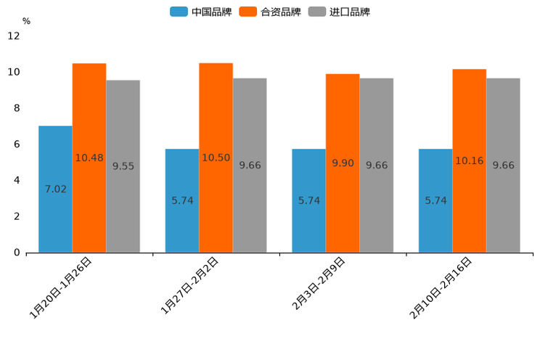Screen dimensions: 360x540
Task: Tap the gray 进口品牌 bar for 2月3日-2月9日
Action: [x=377, y=210]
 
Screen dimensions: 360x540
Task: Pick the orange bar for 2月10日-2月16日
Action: [x=469, y=210]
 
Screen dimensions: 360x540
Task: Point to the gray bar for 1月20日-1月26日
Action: [x=123, y=210]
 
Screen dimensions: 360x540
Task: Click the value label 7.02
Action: [x=56, y=189]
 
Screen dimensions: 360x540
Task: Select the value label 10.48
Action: [x=89, y=157]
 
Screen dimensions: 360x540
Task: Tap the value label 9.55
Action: [x=123, y=166]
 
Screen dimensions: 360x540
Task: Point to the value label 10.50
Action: [x=216, y=157]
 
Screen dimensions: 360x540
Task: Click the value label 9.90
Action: [x=343, y=163]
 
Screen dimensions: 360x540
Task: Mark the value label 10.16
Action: [x=469, y=160]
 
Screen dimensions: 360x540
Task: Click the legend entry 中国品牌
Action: [x=201, y=12]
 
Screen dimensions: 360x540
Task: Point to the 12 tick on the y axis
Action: [x=14, y=36]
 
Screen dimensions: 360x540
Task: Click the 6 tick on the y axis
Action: [x=17, y=144]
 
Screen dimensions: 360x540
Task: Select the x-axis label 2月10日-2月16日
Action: [x=441, y=287]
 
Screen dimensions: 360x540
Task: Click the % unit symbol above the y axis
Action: [x=26, y=21]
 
